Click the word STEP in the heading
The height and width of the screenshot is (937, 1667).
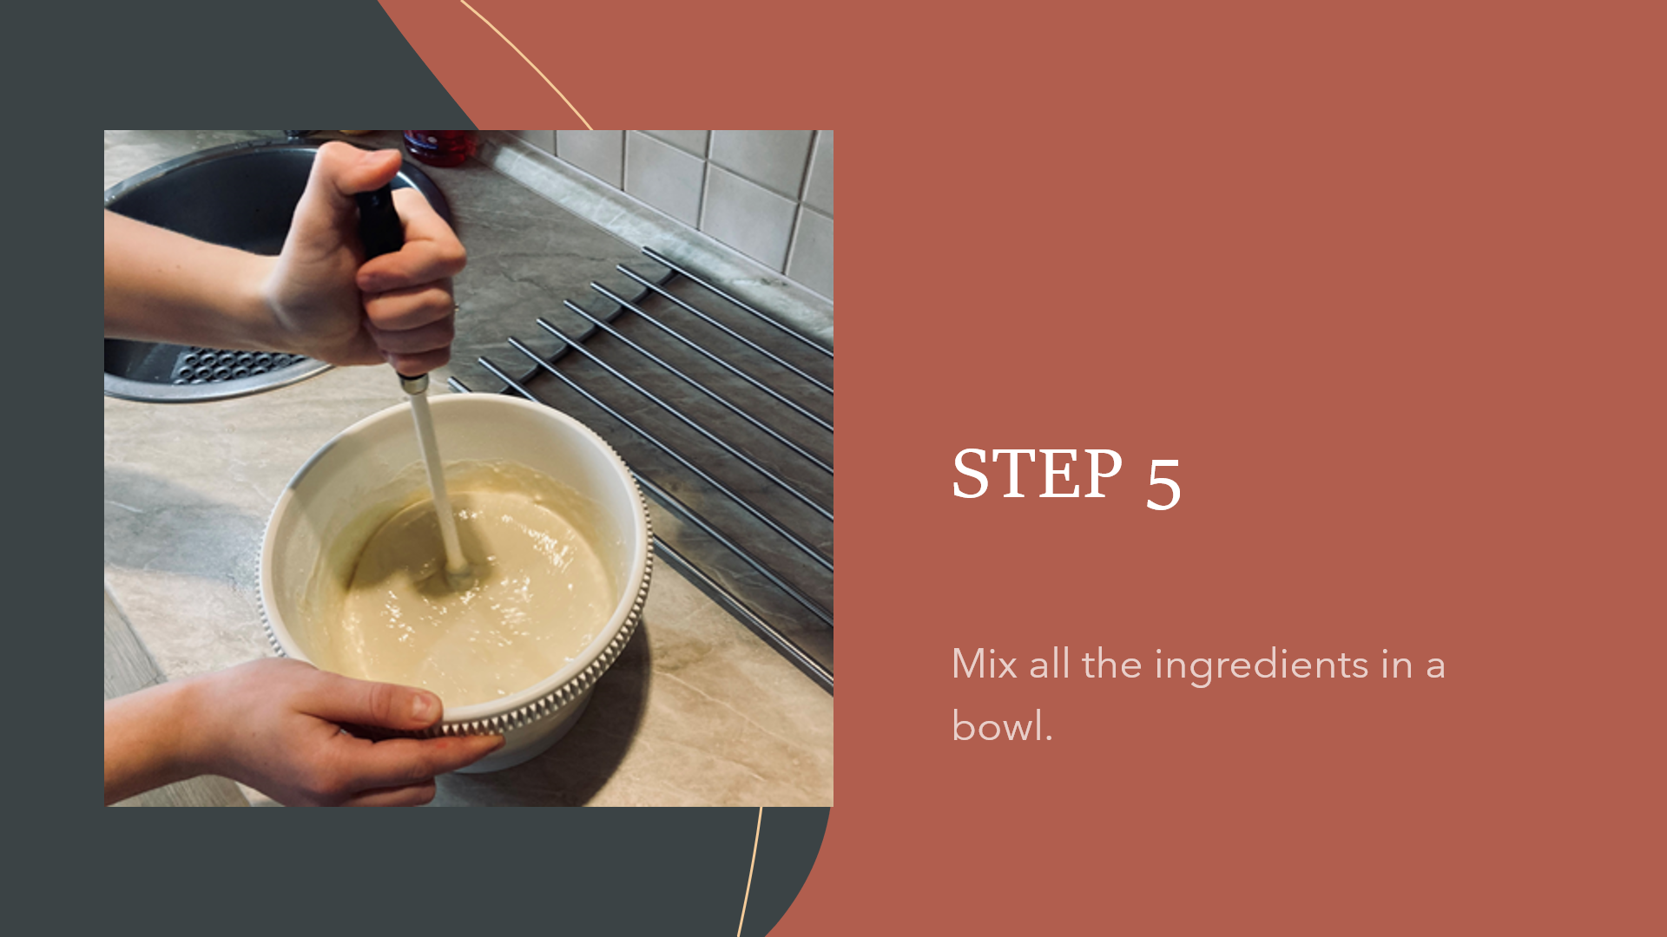1037,474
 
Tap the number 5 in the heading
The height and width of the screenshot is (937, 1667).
1163,482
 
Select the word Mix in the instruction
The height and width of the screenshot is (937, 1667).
985,665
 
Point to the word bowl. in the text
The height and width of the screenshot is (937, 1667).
1002,725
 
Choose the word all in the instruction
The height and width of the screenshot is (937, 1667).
1049,665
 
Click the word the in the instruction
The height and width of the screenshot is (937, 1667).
1111,665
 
